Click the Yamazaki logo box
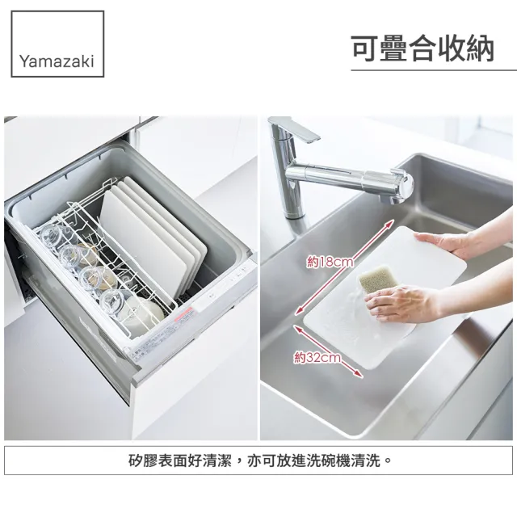click(x=57, y=44)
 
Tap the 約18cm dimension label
click(x=330, y=262)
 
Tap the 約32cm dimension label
click(x=317, y=357)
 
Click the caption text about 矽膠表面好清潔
click(x=258, y=461)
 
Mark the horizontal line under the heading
click(x=433, y=71)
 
